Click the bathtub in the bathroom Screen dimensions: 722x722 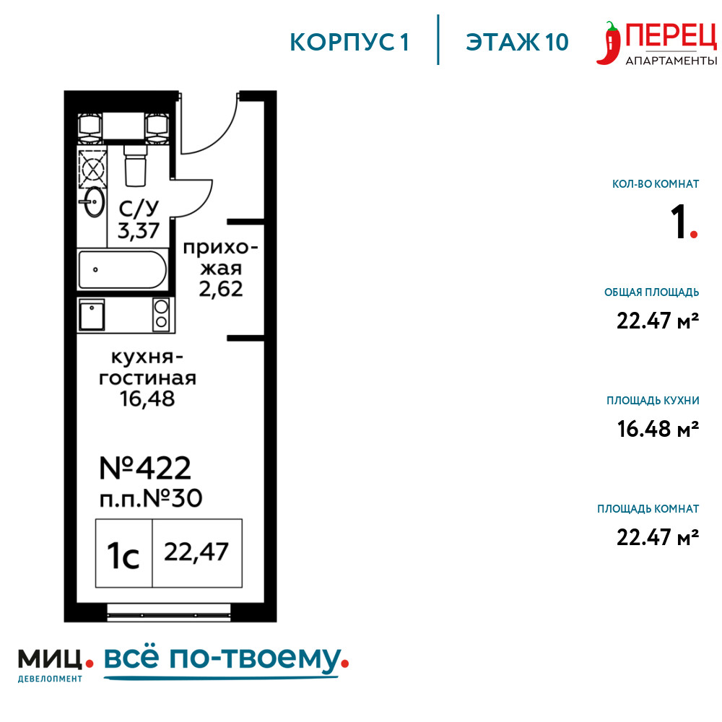click(x=123, y=270)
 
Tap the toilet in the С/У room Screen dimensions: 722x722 click(x=136, y=166)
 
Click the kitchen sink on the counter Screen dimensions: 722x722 click(x=92, y=315)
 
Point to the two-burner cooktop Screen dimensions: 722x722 click(x=161, y=315)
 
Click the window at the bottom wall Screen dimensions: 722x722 click(x=168, y=612)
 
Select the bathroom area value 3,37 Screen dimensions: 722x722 click(x=138, y=231)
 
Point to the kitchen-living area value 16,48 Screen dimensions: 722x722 click(x=147, y=399)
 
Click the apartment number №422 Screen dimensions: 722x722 click(x=145, y=469)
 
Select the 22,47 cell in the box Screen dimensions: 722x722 click(x=196, y=552)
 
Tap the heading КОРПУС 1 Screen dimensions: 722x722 click(x=349, y=43)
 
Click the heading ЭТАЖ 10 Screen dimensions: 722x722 click(x=517, y=43)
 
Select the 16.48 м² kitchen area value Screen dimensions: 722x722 click(x=658, y=429)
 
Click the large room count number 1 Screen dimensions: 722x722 click(x=679, y=222)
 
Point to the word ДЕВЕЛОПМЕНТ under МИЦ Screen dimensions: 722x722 click(x=51, y=679)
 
